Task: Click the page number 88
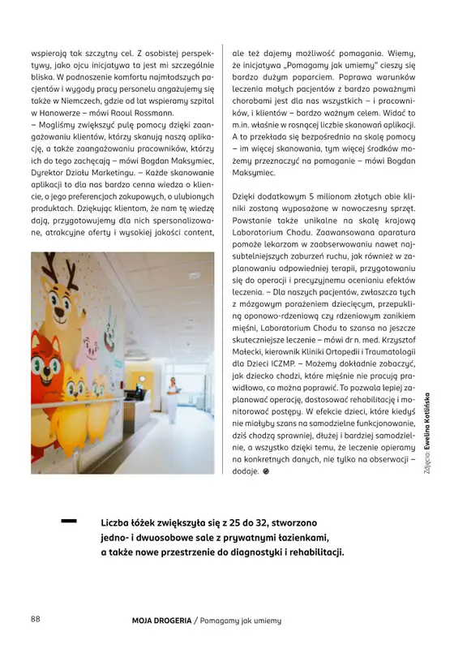[x=36, y=620]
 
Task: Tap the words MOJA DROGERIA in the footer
[x=160, y=621]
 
